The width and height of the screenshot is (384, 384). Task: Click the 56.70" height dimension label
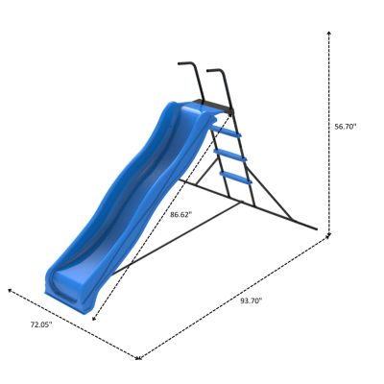(x=346, y=126)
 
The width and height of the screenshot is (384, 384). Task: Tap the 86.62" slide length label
(x=180, y=214)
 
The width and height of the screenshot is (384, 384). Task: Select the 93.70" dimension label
(x=252, y=300)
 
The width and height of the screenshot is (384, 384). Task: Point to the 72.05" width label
(x=40, y=325)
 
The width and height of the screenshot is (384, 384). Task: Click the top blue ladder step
(x=223, y=133)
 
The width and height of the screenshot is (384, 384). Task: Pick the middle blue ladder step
(x=229, y=156)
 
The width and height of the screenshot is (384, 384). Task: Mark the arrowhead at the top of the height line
(x=330, y=33)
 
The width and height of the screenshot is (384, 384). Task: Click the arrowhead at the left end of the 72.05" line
(x=10, y=288)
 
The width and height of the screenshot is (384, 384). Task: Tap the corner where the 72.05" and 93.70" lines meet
(x=139, y=358)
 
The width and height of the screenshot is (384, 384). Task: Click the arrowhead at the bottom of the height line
(x=330, y=233)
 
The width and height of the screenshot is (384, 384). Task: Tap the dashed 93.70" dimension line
(x=230, y=298)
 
